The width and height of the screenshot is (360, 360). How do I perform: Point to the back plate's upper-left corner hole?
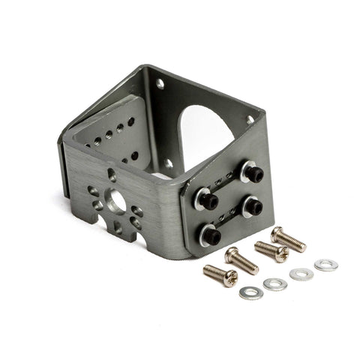coord(160,84)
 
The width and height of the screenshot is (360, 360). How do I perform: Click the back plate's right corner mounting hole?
coord(250,119)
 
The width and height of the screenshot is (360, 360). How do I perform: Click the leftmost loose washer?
coord(251,292)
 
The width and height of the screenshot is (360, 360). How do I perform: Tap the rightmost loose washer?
coord(325,265)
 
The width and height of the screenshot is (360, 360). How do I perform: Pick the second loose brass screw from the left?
coord(241,259)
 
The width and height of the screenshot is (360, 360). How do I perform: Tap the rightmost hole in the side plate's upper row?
coord(132,120)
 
